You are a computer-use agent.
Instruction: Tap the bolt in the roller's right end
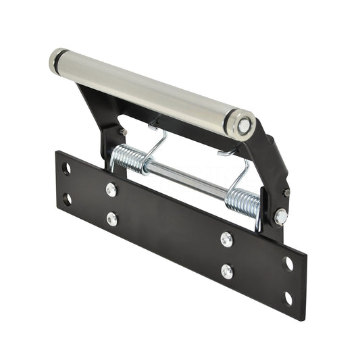pos(244,125)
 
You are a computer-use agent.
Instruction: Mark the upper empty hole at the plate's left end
pos(66,168)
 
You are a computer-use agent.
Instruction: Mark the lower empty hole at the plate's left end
pos(66,199)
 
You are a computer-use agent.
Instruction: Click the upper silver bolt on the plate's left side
pos(111,190)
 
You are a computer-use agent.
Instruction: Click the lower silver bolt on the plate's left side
pos(112,220)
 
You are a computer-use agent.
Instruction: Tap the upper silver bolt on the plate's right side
pos(226,239)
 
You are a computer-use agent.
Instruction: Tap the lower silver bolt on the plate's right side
pos(227,271)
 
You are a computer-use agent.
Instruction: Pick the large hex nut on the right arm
pos(280,217)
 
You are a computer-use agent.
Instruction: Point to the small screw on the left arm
pos(122,131)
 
